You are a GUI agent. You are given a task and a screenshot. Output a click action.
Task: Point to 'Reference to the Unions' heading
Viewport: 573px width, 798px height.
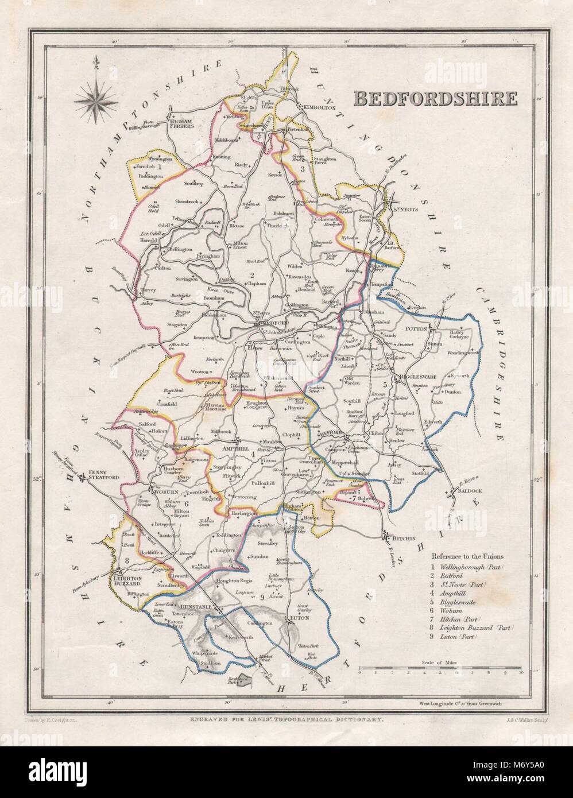(467, 556)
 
